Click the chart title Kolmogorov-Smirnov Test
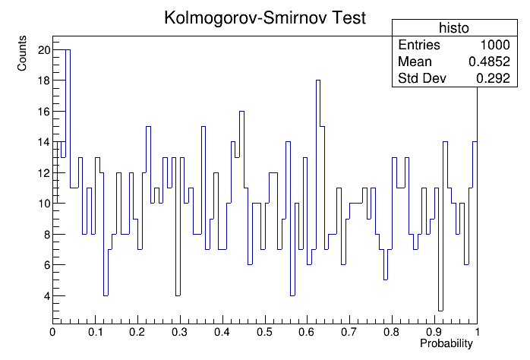(x=264, y=19)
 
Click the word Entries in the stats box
(x=418, y=45)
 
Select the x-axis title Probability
(x=446, y=344)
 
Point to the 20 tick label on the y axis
(x=44, y=50)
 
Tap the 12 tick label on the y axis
(x=44, y=172)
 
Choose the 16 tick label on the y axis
(x=44, y=112)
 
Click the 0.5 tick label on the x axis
(x=264, y=333)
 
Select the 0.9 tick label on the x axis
(x=434, y=333)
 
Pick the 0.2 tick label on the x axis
(x=137, y=333)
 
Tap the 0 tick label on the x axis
(x=52, y=333)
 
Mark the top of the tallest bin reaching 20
(x=68, y=50)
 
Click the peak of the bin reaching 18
(x=318, y=81)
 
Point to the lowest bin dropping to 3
(x=440, y=311)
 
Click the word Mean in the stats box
(x=415, y=62)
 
